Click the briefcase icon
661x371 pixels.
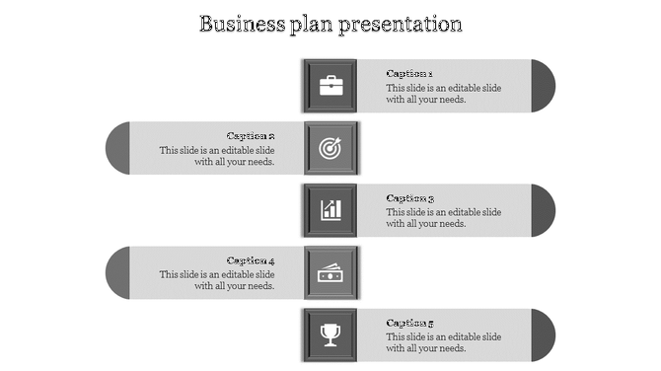click(x=330, y=85)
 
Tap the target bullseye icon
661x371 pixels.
click(x=330, y=148)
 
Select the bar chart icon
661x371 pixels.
click(x=330, y=210)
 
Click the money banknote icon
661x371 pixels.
click(x=330, y=272)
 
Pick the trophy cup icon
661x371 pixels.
click(x=330, y=334)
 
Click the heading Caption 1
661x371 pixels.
click(x=409, y=73)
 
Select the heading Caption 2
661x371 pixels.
click(x=251, y=136)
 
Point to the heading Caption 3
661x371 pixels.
click(x=409, y=198)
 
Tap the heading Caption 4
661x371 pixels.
click(x=251, y=260)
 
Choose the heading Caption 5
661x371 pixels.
click(x=409, y=323)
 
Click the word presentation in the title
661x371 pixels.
click(x=401, y=23)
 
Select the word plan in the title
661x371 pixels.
click(x=313, y=24)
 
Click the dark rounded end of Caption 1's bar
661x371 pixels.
click(x=544, y=85)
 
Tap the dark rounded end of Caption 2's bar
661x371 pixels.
click(x=117, y=148)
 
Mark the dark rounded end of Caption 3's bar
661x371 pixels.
click(x=544, y=210)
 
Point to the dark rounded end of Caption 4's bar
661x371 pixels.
click(x=117, y=272)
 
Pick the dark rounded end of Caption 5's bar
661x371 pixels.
click(x=544, y=334)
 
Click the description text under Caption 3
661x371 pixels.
click(x=443, y=218)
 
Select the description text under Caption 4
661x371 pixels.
click(x=217, y=280)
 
